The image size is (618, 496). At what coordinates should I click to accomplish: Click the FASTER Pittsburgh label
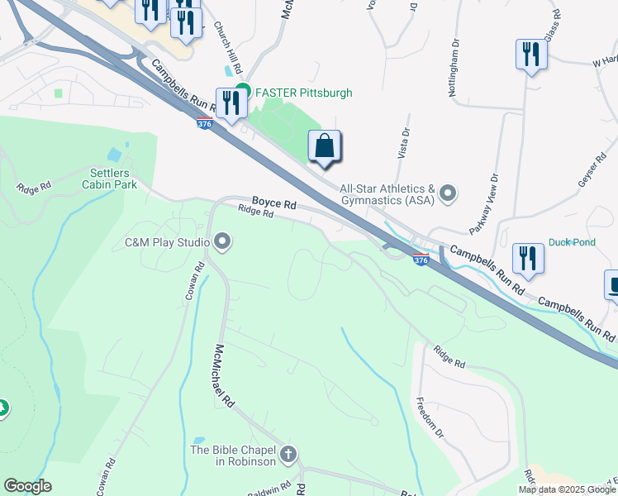coord(304,93)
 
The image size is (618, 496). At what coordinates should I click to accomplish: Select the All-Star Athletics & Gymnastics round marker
coord(448,194)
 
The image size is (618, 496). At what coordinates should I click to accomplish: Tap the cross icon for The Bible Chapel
coord(288,455)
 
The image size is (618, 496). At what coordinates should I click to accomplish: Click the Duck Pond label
coord(572,243)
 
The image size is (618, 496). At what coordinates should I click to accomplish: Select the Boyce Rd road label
coord(273,202)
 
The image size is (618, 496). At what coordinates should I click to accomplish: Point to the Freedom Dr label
coord(430,418)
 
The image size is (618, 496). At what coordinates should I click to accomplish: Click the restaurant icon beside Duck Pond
coord(527,257)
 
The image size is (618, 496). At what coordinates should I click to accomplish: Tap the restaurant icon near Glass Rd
coord(530,55)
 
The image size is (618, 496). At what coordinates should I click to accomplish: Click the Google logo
coord(27,486)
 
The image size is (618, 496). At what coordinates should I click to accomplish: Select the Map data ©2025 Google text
coord(568,489)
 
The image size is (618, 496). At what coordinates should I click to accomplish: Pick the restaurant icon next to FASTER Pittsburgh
coord(231,103)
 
